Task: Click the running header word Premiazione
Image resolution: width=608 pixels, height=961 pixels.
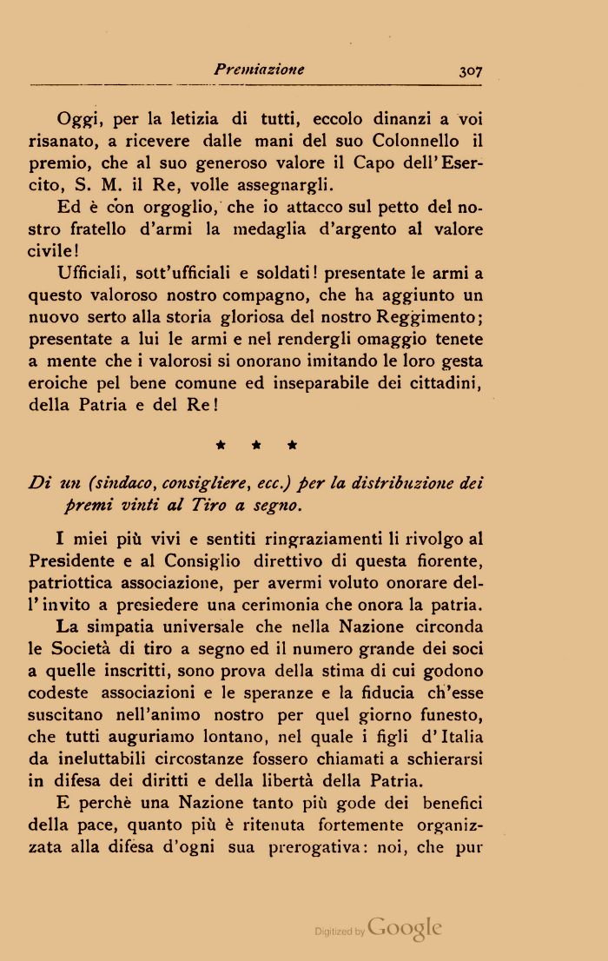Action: (259, 70)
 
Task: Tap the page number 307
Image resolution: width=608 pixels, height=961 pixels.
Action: (471, 72)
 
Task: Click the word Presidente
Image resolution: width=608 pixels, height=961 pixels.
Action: (72, 561)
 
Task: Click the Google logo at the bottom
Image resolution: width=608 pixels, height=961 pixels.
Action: (405, 928)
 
